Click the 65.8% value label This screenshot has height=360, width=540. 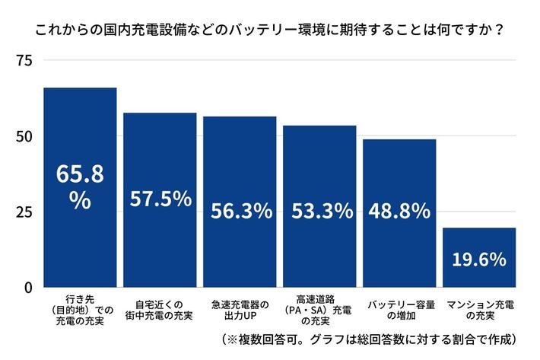coord(80,186)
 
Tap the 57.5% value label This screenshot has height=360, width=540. coord(160,199)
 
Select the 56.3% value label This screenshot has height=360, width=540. coord(240,211)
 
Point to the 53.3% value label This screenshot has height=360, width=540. coord(319,211)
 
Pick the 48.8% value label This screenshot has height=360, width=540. coord(399,211)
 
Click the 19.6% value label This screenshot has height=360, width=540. coord(479,260)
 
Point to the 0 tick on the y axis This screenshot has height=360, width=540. coord(27,287)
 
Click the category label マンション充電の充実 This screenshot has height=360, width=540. coord(479,308)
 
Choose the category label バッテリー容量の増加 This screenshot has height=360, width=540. coord(399,308)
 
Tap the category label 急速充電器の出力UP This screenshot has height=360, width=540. coord(240,308)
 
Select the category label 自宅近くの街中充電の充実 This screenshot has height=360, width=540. coord(160,308)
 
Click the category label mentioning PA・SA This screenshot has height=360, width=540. coord(319,308)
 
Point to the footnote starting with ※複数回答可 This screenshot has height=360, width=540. coord(370,339)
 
